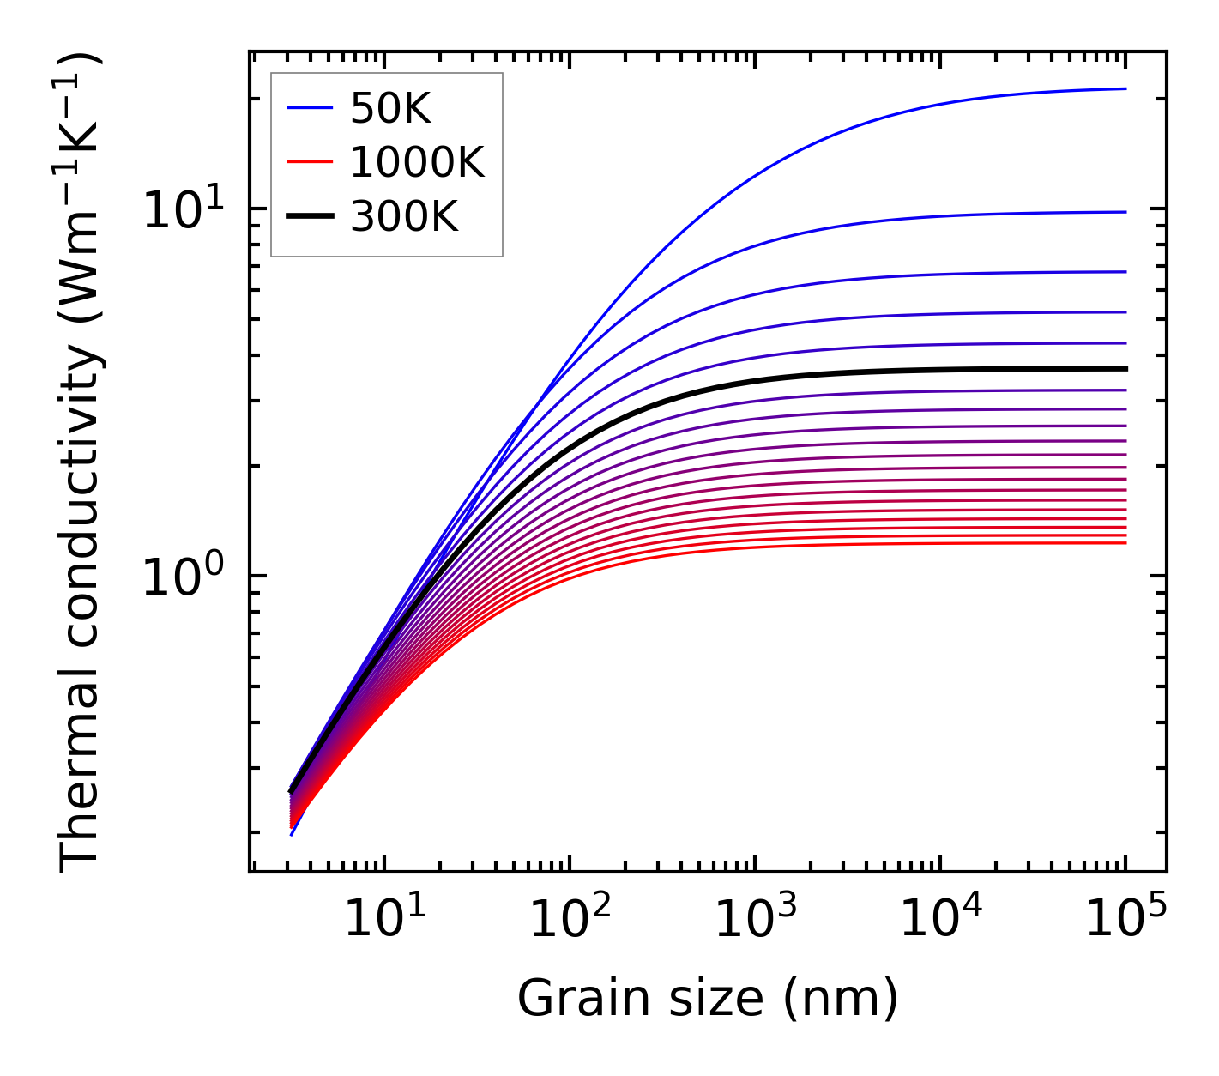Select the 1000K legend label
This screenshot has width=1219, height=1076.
coord(417,162)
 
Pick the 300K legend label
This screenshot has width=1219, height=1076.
coord(404,217)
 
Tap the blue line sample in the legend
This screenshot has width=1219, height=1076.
coord(309,107)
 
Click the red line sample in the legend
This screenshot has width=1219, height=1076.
coord(309,162)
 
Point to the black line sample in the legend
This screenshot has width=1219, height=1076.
coord(309,217)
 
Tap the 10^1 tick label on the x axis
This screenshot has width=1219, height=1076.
coord(384,920)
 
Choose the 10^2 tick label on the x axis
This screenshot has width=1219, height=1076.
coord(570,920)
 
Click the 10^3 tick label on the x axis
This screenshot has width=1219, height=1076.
coord(755,920)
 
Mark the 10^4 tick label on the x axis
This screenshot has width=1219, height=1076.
coord(940,920)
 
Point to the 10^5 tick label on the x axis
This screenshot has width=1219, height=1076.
coord(1125,920)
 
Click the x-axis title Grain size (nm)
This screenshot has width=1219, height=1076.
coord(708,999)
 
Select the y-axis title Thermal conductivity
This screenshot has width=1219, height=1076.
coord(81,462)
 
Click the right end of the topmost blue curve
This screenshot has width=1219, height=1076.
coord(1125,88)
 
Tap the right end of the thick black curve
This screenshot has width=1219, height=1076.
coord(1125,368)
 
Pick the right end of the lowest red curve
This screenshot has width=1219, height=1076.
coord(1125,542)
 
